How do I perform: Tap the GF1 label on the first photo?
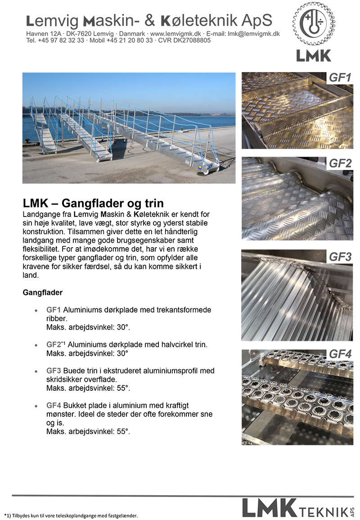(x=340, y=78)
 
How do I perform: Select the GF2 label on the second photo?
(x=340, y=163)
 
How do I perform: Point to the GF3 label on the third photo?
(x=340, y=257)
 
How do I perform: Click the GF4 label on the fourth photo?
(x=340, y=354)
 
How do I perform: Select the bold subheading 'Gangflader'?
(x=42, y=293)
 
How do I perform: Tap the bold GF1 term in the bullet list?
(x=54, y=310)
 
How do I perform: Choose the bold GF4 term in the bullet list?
(x=54, y=406)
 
